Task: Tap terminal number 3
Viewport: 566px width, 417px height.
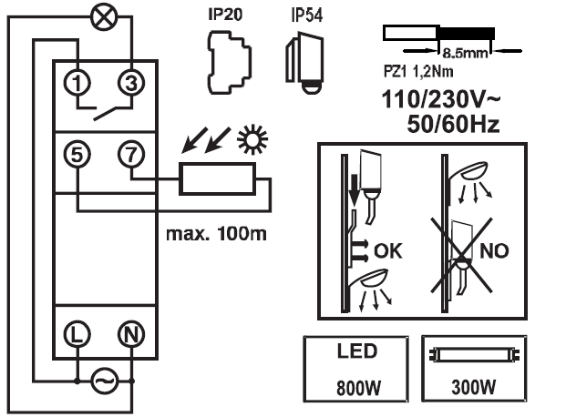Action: point(131,82)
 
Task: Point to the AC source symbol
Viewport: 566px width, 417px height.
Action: point(103,381)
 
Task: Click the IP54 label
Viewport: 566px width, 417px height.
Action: point(304,15)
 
